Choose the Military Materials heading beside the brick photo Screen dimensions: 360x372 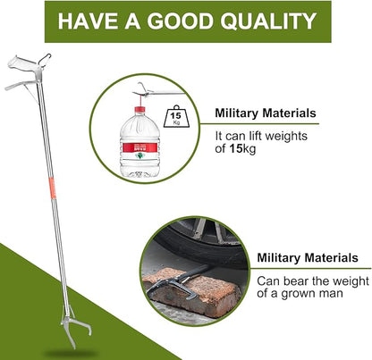pos(308,258)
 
